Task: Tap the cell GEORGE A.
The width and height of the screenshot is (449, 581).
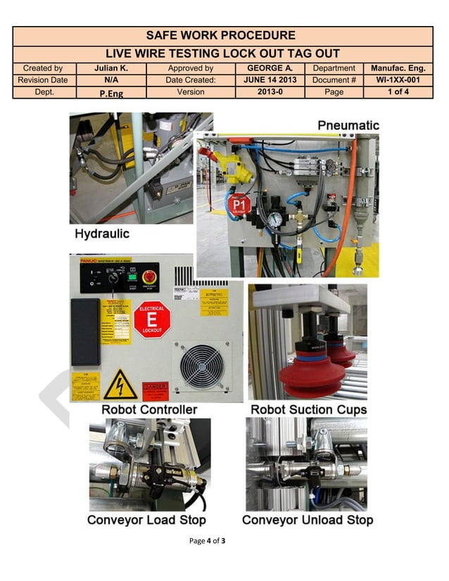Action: (270, 68)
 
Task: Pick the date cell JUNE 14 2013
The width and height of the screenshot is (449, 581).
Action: (270, 80)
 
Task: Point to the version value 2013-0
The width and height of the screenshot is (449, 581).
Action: (270, 92)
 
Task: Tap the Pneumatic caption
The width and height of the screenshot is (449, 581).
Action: (348, 125)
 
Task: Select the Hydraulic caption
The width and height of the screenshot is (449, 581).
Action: (102, 234)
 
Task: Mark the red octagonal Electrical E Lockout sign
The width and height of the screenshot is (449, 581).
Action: (152, 320)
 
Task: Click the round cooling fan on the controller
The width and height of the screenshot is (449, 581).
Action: (201, 366)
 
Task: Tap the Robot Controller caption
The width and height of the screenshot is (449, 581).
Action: (149, 409)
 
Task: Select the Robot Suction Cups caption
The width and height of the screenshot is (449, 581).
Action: (308, 409)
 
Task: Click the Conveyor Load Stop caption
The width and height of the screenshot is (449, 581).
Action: (146, 521)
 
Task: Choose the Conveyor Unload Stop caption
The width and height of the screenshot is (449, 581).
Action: (308, 521)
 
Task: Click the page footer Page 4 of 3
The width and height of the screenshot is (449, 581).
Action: (207, 541)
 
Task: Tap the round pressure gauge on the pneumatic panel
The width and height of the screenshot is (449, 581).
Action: (275, 219)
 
